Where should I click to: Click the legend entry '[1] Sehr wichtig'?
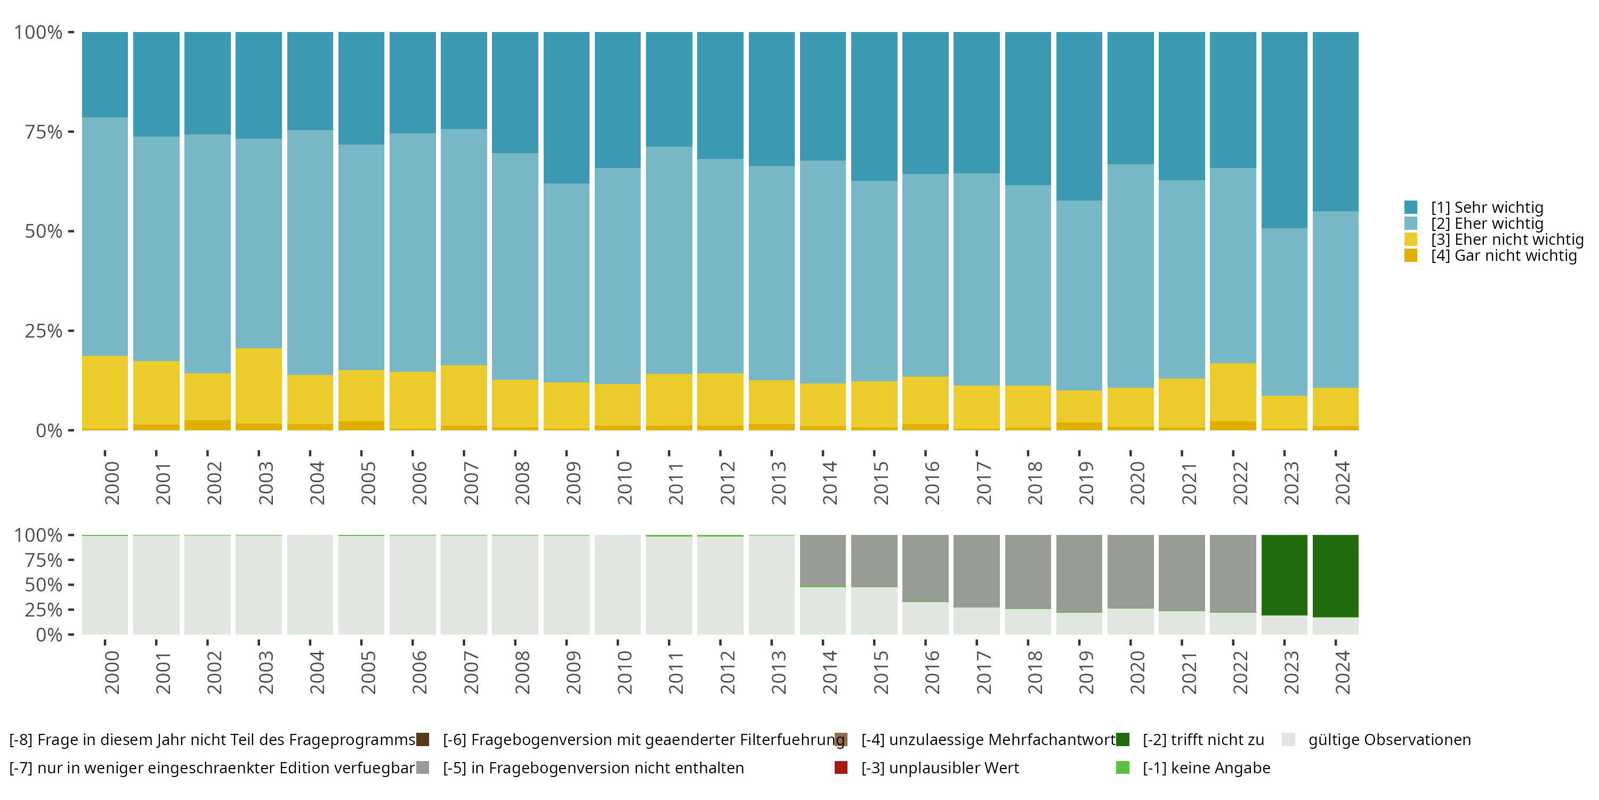pyautogui.click(x=1487, y=207)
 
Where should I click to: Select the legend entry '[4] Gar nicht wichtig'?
pyautogui.click(x=1504, y=256)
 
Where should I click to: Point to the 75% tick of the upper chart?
pyautogui.click(x=69, y=132)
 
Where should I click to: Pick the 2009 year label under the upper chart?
pyautogui.click(x=573, y=483)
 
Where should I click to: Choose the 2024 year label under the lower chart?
pyautogui.click(x=1342, y=672)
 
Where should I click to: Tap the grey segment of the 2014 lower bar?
pyautogui.click(x=822, y=560)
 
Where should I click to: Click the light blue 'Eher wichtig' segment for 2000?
pyautogui.click(x=105, y=237)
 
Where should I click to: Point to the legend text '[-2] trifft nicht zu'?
pyautogui.click(x=1203, y=740)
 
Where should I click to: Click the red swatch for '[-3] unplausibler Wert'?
pyautogui.click(x=841, y=767)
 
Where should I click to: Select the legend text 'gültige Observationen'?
pyautogui.click(x=1389, y=740)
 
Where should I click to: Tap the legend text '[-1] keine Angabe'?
pyautogui.click(x=1206, y=769)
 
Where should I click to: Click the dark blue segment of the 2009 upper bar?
pyautogui.click(x=567, y=107)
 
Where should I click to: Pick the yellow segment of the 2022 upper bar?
pyautogui.click(x=1233, y=392)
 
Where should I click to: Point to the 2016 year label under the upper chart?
pyautogui.click(x=932, y=483)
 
